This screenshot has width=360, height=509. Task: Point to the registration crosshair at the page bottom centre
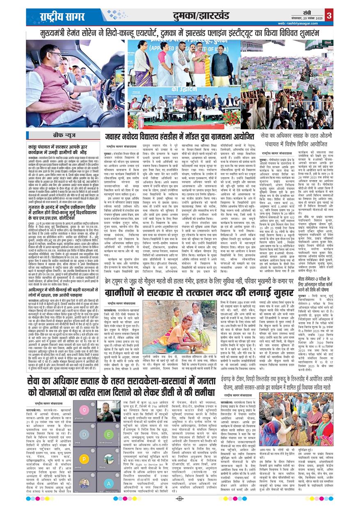[179, 499]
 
